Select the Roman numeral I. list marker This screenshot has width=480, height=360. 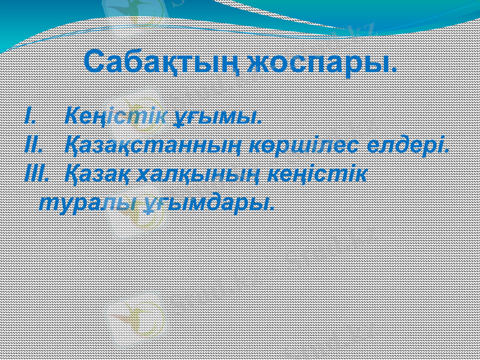pyautogui.click(x=30, y=115)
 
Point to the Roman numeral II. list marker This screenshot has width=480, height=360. pyautogui.click(x=32, y=145)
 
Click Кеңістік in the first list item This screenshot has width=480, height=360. pyautogui.click(x=116, y=115)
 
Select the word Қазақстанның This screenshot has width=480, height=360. pyautogui.click(x=163, y=145)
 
